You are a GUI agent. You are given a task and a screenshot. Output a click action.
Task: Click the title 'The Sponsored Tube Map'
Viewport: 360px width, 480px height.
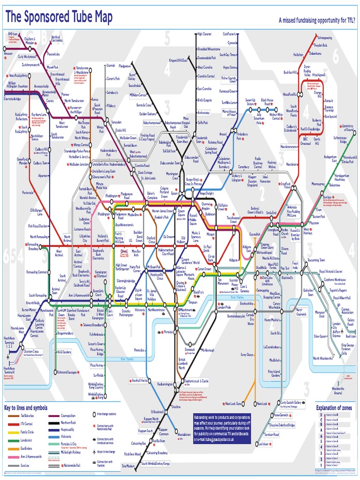point(59,18)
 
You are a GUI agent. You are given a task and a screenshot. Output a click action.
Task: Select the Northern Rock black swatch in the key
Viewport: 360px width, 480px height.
point(53,423)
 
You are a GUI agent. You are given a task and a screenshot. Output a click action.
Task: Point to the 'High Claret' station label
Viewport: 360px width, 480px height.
point(204,34)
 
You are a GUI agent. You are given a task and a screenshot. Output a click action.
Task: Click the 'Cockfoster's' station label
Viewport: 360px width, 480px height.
point(230,34)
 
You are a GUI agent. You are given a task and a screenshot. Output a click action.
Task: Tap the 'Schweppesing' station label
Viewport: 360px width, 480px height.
point(324,38)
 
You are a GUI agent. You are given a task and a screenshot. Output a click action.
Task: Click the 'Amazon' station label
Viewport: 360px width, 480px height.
point(8,53)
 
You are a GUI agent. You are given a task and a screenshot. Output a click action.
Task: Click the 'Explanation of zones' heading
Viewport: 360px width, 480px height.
point(333,408)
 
